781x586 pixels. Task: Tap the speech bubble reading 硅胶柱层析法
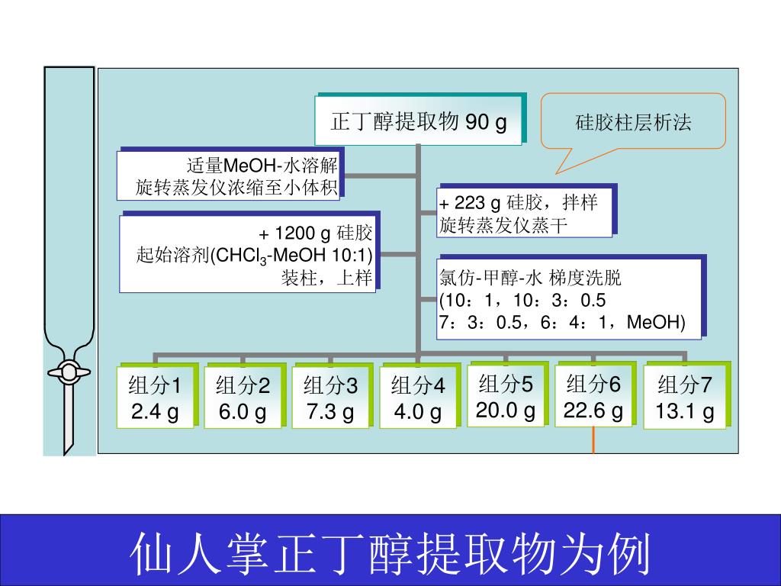pos(632,121)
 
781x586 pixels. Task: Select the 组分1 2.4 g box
pos(155,398)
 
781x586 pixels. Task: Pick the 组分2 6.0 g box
pos(243,398)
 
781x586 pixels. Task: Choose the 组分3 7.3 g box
pos(330,398)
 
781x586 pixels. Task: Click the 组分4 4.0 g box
pos(418,398)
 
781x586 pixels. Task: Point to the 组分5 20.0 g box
pos(506,395)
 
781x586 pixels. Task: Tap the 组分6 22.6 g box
pos(593,395)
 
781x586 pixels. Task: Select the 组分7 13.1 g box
pos(685,398)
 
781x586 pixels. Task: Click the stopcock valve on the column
pos(68,372)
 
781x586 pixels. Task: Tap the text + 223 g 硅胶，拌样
pos(518,203)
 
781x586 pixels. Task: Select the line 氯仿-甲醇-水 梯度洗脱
pos(530,277)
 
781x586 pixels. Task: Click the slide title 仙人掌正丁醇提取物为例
pos(390,552)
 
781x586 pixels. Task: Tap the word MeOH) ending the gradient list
pos(655,323)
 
